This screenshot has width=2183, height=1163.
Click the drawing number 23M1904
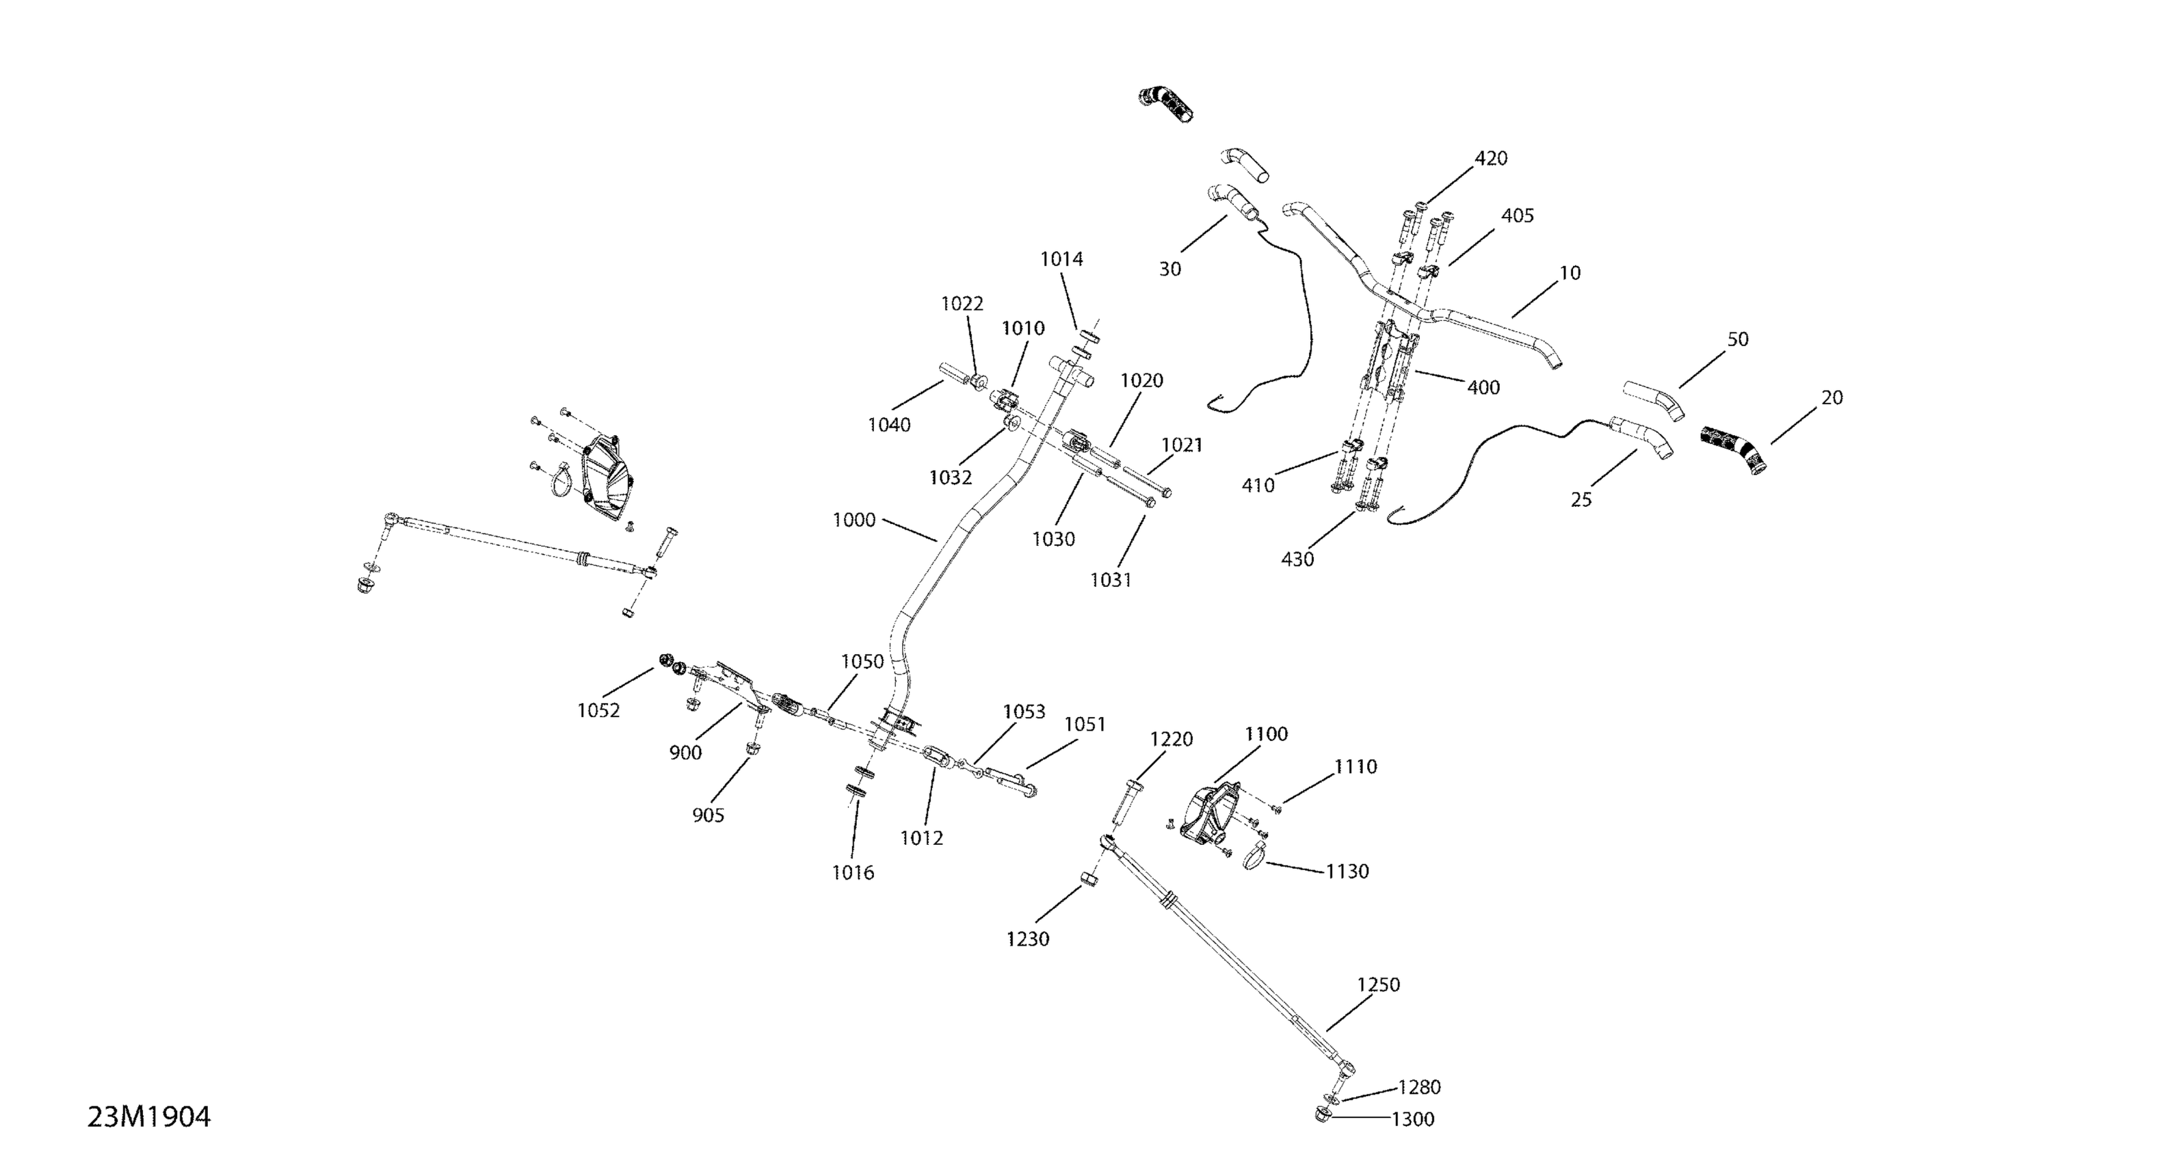149,1117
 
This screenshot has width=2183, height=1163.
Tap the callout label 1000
854,521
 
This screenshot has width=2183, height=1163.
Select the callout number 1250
1378,985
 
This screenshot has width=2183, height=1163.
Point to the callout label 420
1491,159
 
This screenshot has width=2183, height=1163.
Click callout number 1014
1061,259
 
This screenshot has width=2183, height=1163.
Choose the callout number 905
708,815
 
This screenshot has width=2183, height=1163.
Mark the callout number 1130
1347,872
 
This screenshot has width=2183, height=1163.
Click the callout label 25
1580,500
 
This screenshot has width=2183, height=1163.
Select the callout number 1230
1027,939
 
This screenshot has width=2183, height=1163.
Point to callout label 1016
853,873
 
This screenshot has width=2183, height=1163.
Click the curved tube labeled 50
1652,400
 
